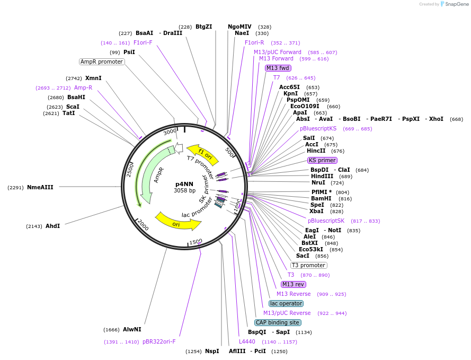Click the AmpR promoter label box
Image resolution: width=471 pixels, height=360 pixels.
tap(102, 62)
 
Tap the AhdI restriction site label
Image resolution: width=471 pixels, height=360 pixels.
tap(52, 226)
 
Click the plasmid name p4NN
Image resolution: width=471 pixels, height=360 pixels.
tap(184, 184)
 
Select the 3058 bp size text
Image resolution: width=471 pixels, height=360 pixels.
tap(184, 190)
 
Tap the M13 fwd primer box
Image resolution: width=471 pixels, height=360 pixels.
tap(278, 68)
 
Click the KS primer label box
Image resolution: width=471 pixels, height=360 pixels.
tap(322, 160)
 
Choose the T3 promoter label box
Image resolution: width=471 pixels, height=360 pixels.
tap(309, 265)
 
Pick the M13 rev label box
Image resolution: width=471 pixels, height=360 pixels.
tap(294, 285)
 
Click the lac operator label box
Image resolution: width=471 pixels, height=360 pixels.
tap(286, 303)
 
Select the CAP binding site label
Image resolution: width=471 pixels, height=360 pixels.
tap(278, 322)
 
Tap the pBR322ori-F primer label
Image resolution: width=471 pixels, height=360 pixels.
tap(159, 341)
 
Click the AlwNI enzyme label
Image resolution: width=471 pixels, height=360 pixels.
tap(132, 329)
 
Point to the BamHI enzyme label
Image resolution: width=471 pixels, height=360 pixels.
tap(321, 198)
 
